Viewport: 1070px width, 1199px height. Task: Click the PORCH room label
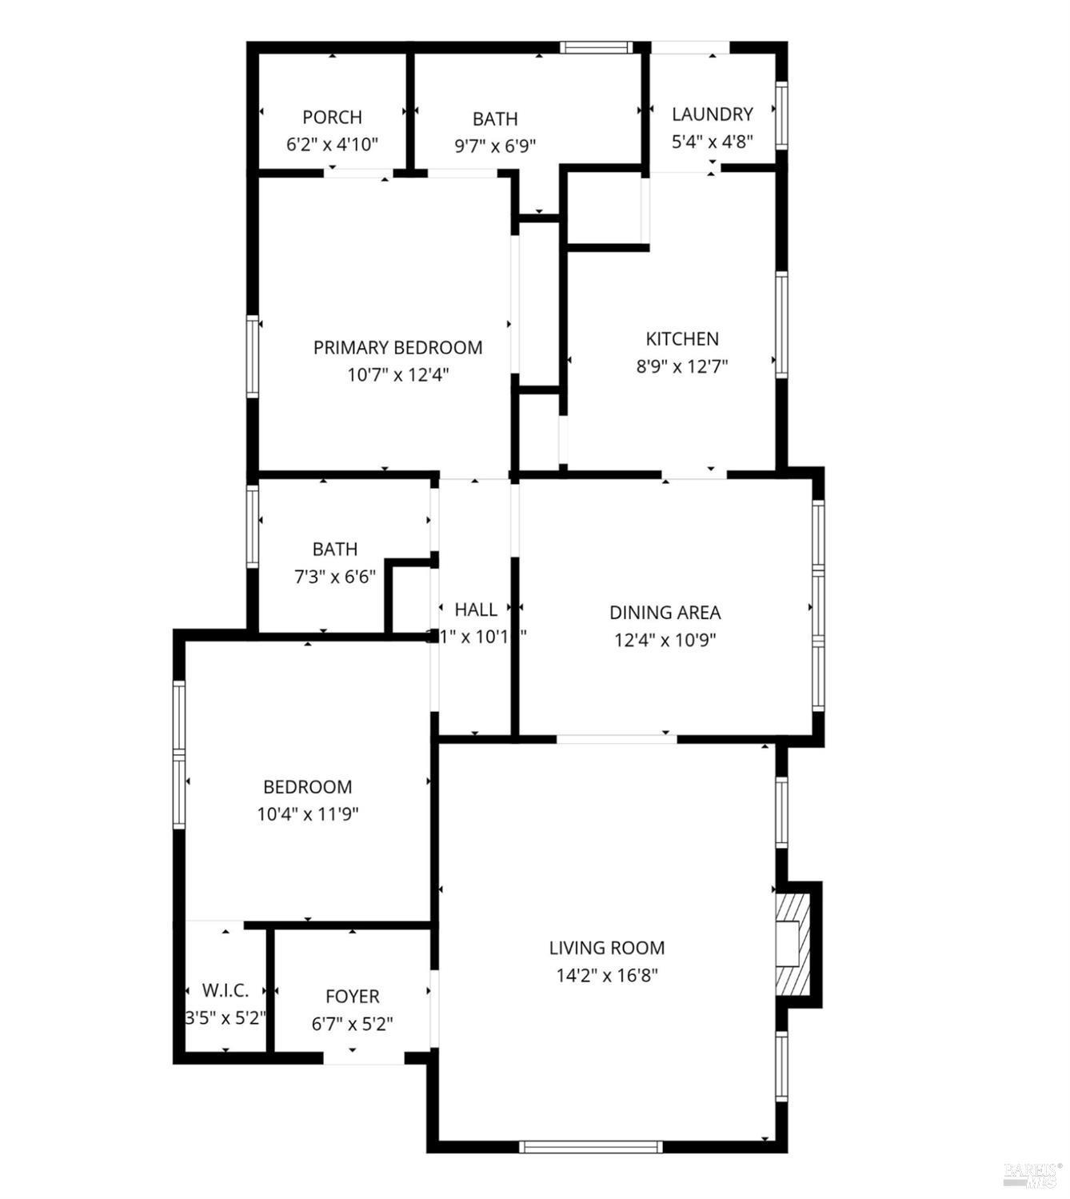pyautogui.click(x=332, y=118)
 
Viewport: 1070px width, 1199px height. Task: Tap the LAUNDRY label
pyautogui.click(x=712, y=114)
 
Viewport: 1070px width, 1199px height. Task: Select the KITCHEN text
pyautogui.click(x=682, y=339)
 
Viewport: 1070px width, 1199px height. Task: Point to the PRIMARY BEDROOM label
pyautogui.click(x=397, y=348)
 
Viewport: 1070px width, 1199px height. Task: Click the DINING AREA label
pyautogui.click(x=665, y=613)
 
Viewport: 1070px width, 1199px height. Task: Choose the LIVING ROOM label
pyautogui.click(x=607, y=949)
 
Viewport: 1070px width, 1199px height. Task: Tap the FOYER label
pyautogui.click(x=352, y=997)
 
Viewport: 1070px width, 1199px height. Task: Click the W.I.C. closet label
pyautogui.click(x=225, y=990)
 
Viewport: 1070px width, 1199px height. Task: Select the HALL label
pyautogui.click(x=476, y=609)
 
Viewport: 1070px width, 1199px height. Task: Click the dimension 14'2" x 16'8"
pyautogui.click(x=607, y=976)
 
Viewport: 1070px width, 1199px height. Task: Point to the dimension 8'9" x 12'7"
pyautogui.click(x=682, y=367)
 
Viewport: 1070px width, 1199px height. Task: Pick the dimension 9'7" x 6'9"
pyautogui.click(x=495, y=146)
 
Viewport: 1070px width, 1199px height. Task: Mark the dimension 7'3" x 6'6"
pyautogui.click(x=335, y=577)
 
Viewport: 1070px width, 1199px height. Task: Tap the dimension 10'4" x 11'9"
pyautogui.click(x=307, y=814)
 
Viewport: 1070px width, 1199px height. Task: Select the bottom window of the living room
pyautogui.click(x=591, y=1147)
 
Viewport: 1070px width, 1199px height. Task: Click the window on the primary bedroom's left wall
pyautogui.click(x=252, y=356)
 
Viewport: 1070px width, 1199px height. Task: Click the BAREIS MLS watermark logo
pyautogui.click(x=1032, y=1173)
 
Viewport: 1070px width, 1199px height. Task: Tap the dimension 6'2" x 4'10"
pyautogui.click(x=332, y=145)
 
